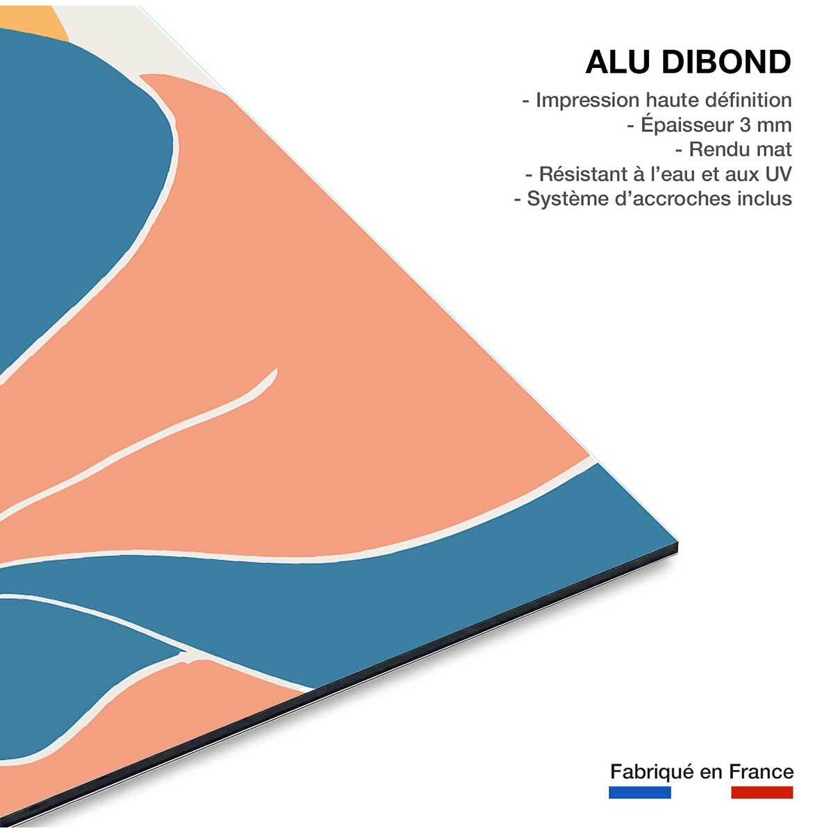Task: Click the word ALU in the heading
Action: point(617,62)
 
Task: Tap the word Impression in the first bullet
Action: point(588,101)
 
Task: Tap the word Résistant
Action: point(585,174)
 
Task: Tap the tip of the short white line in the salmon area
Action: point(275,372)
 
